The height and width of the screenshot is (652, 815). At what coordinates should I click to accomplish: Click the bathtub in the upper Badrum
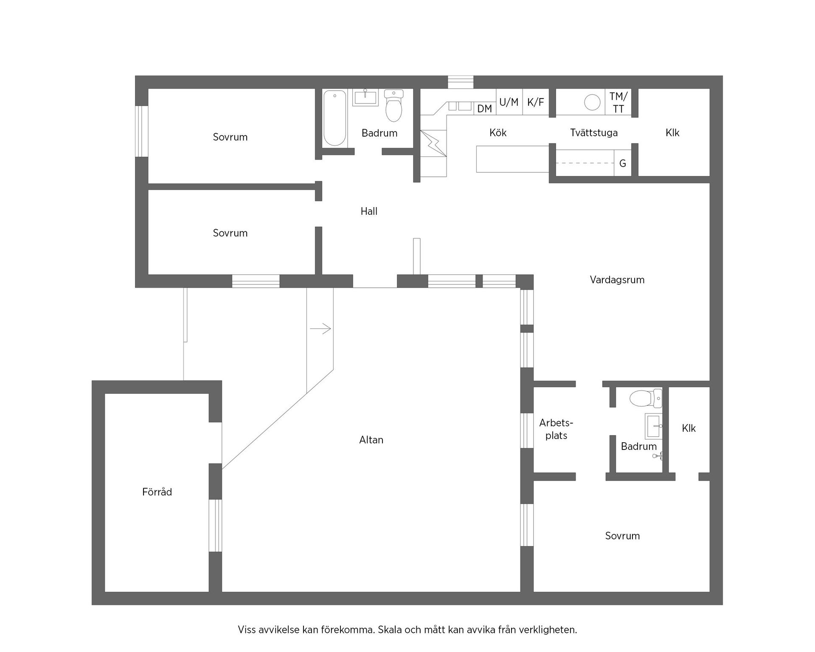tap(334, 118)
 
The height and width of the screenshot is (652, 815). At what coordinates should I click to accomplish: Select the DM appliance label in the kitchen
tap(484, 109)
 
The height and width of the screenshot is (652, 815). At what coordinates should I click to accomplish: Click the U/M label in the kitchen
tap(509, 102)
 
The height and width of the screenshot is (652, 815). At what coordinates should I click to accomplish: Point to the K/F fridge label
tap(535, 102)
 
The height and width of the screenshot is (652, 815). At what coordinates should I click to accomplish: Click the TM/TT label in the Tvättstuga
tap(618, 102)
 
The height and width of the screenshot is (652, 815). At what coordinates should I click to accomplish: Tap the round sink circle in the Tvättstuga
tap(592, 102)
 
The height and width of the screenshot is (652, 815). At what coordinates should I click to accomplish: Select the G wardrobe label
tap(623, 163)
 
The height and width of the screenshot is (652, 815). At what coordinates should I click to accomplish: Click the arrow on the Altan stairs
tap(320, 329)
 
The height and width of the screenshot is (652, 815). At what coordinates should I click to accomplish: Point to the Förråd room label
tap(157, 492)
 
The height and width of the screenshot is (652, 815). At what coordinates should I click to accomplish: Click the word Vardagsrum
tap(617, 280)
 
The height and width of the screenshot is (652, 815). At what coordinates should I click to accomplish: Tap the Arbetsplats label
tap(556, 429)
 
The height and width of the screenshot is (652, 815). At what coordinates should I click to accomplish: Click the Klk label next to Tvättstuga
tap(672, 133)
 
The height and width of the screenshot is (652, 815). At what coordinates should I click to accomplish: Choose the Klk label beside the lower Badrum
tap(689, 428)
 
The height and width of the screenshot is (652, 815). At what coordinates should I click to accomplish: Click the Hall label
tap(369, 211)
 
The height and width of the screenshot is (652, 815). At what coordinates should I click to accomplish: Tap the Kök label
tap(498, 133)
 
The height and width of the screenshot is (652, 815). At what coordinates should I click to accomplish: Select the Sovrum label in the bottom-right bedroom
tap(622, 536)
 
